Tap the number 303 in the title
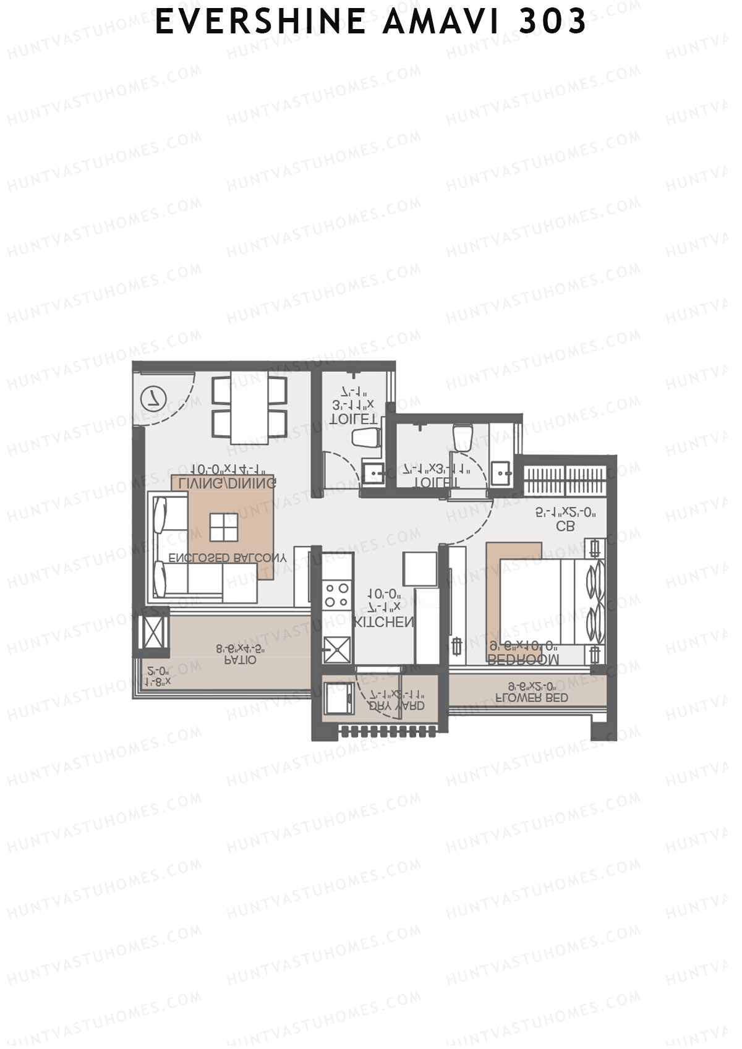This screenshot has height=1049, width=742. tap(552, 22)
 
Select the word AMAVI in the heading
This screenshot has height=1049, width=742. tap(442, 22)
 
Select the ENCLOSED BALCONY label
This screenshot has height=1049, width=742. tap(228, 558)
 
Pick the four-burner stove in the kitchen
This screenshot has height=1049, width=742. tap(337, 595)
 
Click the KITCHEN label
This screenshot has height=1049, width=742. tap(383, 622)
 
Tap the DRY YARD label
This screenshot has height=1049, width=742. tap(396, 705)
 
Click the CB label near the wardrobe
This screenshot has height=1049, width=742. tap(565, 526)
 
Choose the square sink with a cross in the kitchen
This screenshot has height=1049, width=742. tap(337, 650)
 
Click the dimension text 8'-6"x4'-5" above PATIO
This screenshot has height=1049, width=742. tap(241, 648)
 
